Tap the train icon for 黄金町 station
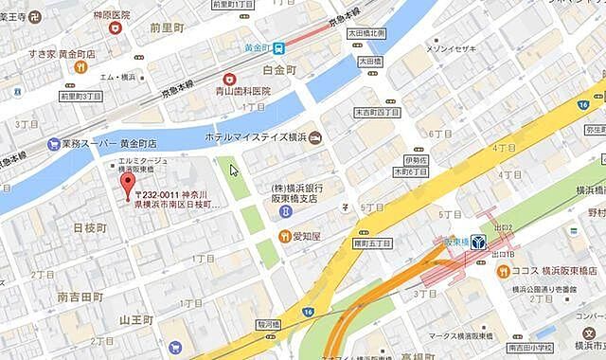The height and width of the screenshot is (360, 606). pyautogui.click(x=280, y=47)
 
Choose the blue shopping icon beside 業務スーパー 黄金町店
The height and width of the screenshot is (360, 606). pyautogui.click(x=54, y=145)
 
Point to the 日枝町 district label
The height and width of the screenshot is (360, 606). pyautogui.click(x=89, y=228)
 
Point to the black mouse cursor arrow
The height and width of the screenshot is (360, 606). pyautogui.click(x=234, y=170)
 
